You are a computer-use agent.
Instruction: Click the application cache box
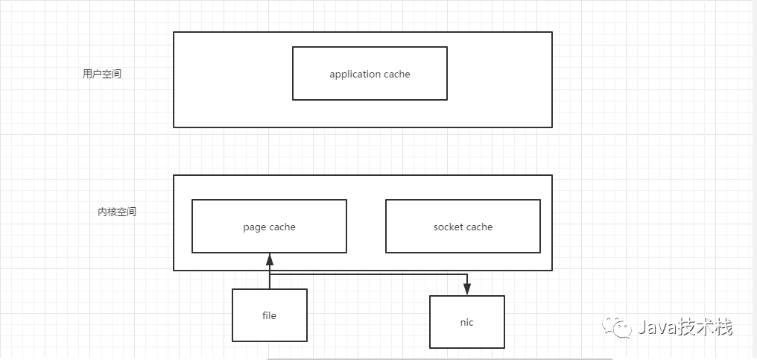click(x=370, y=74)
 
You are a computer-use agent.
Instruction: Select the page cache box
click(x=270, y=226)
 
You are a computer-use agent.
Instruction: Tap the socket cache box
click(x=463, y=226)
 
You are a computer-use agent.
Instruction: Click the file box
click(x=270, y=315)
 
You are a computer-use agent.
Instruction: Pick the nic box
click(x=467, y=322)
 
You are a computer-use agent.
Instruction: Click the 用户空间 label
click(x=102, y=74)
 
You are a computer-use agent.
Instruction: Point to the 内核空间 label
click(x=117, y=212)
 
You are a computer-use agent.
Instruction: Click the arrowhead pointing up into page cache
click(x=270, y=259)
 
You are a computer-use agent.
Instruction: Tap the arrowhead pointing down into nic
click(x=467, y=289)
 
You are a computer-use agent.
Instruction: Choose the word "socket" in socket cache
click(x=448, y=227)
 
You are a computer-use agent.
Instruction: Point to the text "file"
click(x=270, y=315)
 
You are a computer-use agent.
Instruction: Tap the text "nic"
click(x=467, y=322)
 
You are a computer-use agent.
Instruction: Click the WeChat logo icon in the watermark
click(x=616, y=326)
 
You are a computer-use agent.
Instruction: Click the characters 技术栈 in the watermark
click(x=704, y=326)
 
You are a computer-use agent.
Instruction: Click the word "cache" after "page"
click(x=282, y=227)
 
